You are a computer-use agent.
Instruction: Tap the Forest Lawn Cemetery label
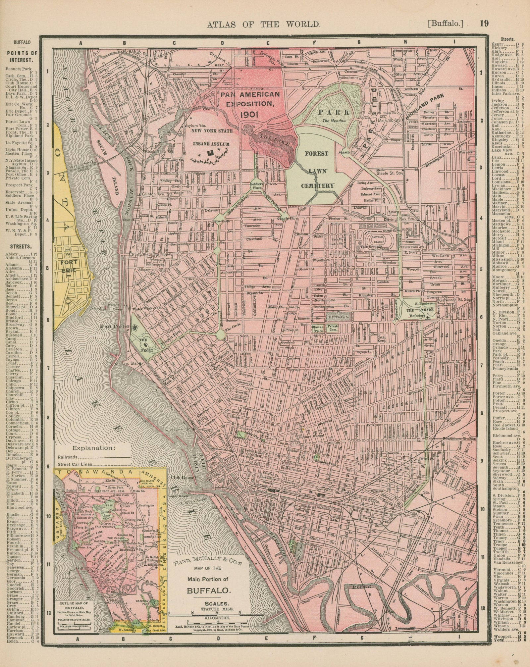click(x=315, y=170)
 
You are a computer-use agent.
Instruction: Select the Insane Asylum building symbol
click(x=209, y=153)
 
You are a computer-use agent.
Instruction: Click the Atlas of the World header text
click(x=263, y=24)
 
